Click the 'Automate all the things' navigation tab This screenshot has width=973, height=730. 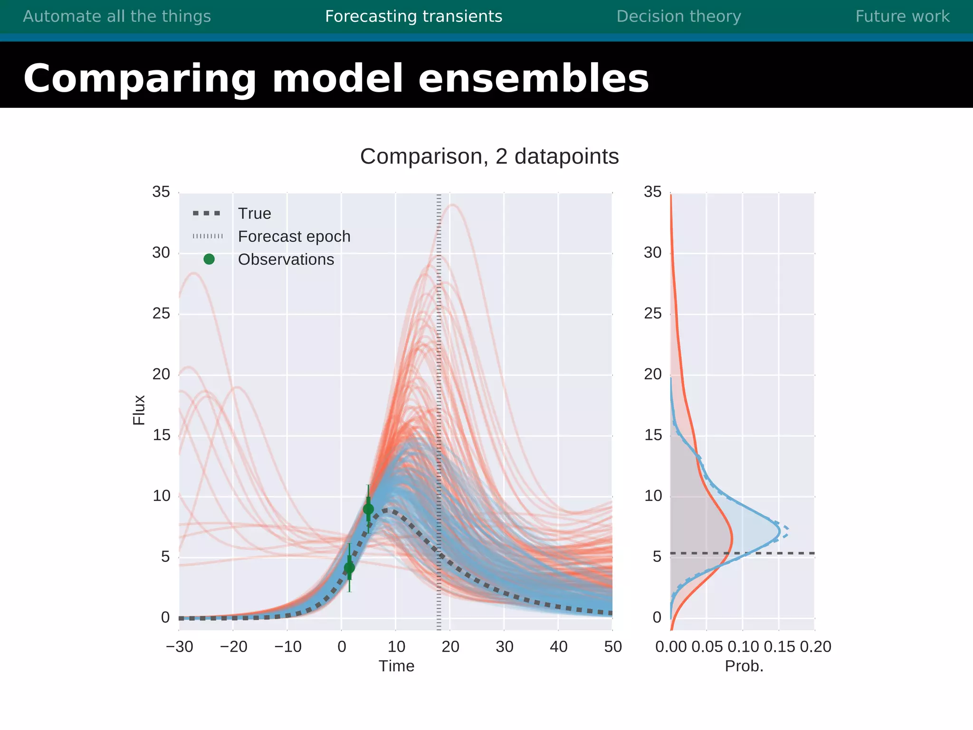coord(117,16)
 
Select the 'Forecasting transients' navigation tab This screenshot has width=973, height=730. coord(413,16)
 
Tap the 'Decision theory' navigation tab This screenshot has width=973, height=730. coord(678,16)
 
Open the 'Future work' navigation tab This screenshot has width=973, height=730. coord(902,16)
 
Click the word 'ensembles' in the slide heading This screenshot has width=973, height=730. coord(533,78)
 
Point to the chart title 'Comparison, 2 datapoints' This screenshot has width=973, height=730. coord(489,156)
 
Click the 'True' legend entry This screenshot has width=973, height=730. coord(254,213)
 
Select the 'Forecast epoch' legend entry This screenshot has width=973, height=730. coord(294,236)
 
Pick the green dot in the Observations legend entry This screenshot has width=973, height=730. coord(209,259)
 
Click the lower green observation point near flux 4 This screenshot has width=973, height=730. coord(349,567)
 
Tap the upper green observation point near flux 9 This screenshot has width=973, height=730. coord(368,509)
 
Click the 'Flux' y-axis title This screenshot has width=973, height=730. coord(139,410)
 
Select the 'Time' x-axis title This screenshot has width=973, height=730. coord(396,666)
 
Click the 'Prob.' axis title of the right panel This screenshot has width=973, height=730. coord(744,666)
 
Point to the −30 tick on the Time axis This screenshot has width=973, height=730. coord(180,646)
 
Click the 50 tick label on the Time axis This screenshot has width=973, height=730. coord(613,646)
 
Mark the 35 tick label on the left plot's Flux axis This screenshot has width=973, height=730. coord(161,192)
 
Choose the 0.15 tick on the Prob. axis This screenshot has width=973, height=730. coord(779,646)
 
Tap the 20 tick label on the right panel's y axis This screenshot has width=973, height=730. coord(653,375)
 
